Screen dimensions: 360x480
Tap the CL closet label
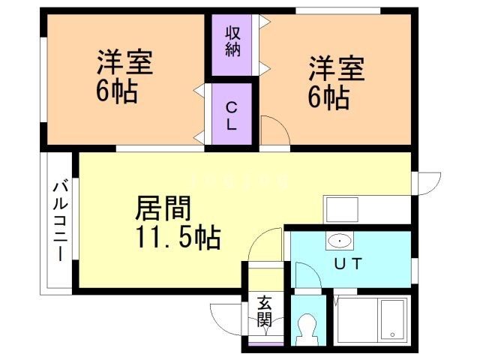pos(232,116)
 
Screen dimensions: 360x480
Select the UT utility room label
pos(348,264)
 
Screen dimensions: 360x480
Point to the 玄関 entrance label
pos(264,311)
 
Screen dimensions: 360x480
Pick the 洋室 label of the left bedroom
pos(124,63)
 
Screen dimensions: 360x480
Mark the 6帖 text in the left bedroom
pos(116,92)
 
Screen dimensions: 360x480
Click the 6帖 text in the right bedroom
pos(328,97)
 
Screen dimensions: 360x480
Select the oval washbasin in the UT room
pos(340,241)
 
